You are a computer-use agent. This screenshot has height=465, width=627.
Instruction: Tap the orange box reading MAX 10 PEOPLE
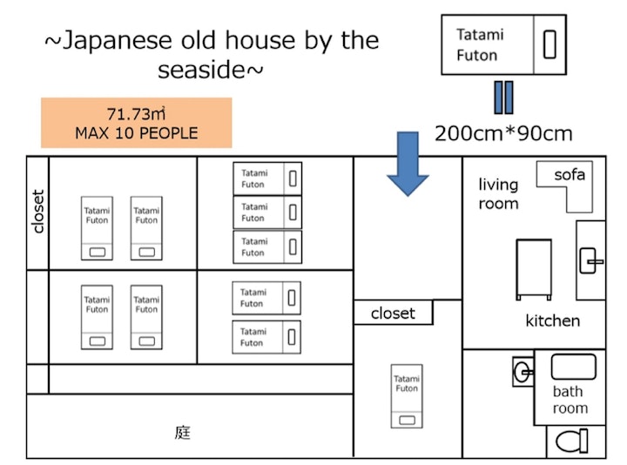[136, 123]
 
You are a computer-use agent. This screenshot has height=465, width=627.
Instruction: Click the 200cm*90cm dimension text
[503, 133]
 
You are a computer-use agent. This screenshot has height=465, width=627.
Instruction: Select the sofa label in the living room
[570, 175]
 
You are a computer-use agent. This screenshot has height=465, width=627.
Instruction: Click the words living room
[498, 194]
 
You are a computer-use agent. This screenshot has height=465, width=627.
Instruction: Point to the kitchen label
[552, 320]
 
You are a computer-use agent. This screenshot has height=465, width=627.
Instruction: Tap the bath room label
[570, 400]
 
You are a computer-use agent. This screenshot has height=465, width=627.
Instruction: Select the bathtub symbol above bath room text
[573, 367]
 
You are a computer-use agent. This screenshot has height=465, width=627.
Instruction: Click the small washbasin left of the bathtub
[522, 373]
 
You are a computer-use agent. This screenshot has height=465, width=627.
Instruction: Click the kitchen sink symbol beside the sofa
[591, 259]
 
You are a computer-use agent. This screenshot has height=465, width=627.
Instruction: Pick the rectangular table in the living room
[533, 269]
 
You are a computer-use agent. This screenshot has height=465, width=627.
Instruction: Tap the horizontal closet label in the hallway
[393, 313]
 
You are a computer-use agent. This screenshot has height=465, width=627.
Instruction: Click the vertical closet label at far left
[37, 212]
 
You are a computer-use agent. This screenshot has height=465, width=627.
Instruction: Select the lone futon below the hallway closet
[407, 395]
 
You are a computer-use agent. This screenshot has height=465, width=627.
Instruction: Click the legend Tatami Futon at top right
[503, 44]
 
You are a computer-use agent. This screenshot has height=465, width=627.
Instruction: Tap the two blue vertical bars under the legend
[503, 98]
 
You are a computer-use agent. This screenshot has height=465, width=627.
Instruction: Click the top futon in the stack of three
[267, 179]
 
